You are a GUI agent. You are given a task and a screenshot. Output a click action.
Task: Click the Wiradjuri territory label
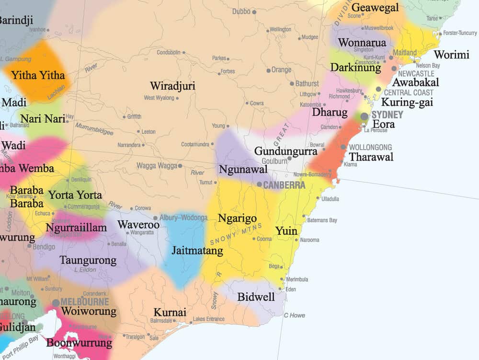point(172,86)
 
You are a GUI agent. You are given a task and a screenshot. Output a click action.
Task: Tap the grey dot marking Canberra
point(259,184)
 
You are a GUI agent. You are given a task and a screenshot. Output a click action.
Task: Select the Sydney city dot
point(365,116)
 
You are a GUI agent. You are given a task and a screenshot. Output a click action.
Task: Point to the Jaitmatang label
point(197,251)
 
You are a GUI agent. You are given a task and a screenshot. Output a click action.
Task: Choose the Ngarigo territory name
point(237,219)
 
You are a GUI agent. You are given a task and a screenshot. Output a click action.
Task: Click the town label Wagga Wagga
point(156,166)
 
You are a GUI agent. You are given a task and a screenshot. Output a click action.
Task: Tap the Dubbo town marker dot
point(254,12)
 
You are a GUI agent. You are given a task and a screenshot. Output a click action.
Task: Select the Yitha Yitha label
point(38,75)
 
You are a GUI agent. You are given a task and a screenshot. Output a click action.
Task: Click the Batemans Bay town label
point(322,221)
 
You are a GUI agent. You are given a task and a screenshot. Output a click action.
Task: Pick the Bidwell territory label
point(256,297)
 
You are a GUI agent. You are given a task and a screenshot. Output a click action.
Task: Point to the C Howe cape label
point(294,315)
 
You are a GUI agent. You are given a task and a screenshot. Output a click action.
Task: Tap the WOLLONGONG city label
point(370,147)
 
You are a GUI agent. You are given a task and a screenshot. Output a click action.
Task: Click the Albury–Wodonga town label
point(183,218)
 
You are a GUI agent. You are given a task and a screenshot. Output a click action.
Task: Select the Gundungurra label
point(285,151)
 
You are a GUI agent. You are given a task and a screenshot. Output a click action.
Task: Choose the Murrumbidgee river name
point(94,128)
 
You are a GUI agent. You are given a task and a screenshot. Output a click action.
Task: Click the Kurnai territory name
point(170,313)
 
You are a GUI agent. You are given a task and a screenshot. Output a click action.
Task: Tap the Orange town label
point(281,70)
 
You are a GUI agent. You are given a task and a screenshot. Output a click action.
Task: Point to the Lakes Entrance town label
point(208,319)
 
